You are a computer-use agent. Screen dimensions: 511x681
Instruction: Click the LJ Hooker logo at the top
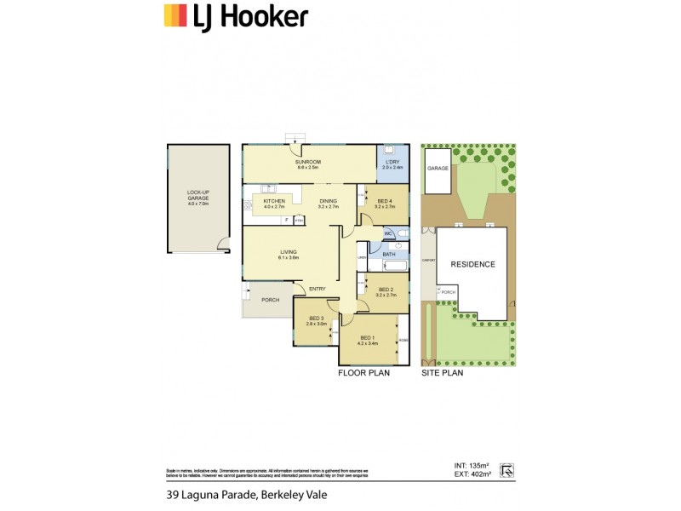[236, 16]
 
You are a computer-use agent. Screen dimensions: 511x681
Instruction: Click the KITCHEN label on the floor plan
[273, 202]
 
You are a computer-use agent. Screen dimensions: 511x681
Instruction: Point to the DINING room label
[328, 202]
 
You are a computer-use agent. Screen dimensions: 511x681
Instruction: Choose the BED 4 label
[386, 202]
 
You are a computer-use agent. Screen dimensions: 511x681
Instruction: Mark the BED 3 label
[317, 320]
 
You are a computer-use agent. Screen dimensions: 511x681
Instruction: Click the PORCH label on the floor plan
[270, 300]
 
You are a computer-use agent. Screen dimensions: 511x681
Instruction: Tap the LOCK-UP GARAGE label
[197, 195]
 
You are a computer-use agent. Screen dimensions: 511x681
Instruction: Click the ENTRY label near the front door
[318, 289]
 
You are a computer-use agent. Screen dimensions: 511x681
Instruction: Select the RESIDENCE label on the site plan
[472, 264]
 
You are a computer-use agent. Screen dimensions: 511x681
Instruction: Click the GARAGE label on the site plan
[438, 169]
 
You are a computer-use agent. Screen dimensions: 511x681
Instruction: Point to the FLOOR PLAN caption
[363, 373]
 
